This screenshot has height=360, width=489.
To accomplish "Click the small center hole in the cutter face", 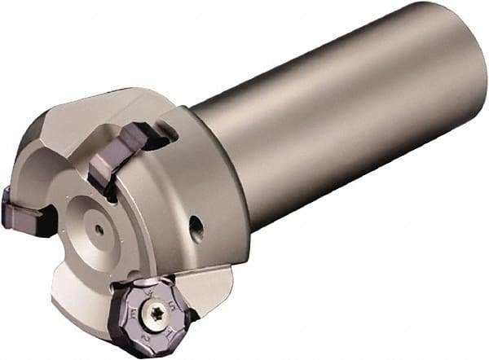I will [x=99, y=229].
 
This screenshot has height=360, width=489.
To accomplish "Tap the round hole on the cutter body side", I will [x=196, y=228].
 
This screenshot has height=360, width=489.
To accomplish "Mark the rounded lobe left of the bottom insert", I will [x=90, y=293].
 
